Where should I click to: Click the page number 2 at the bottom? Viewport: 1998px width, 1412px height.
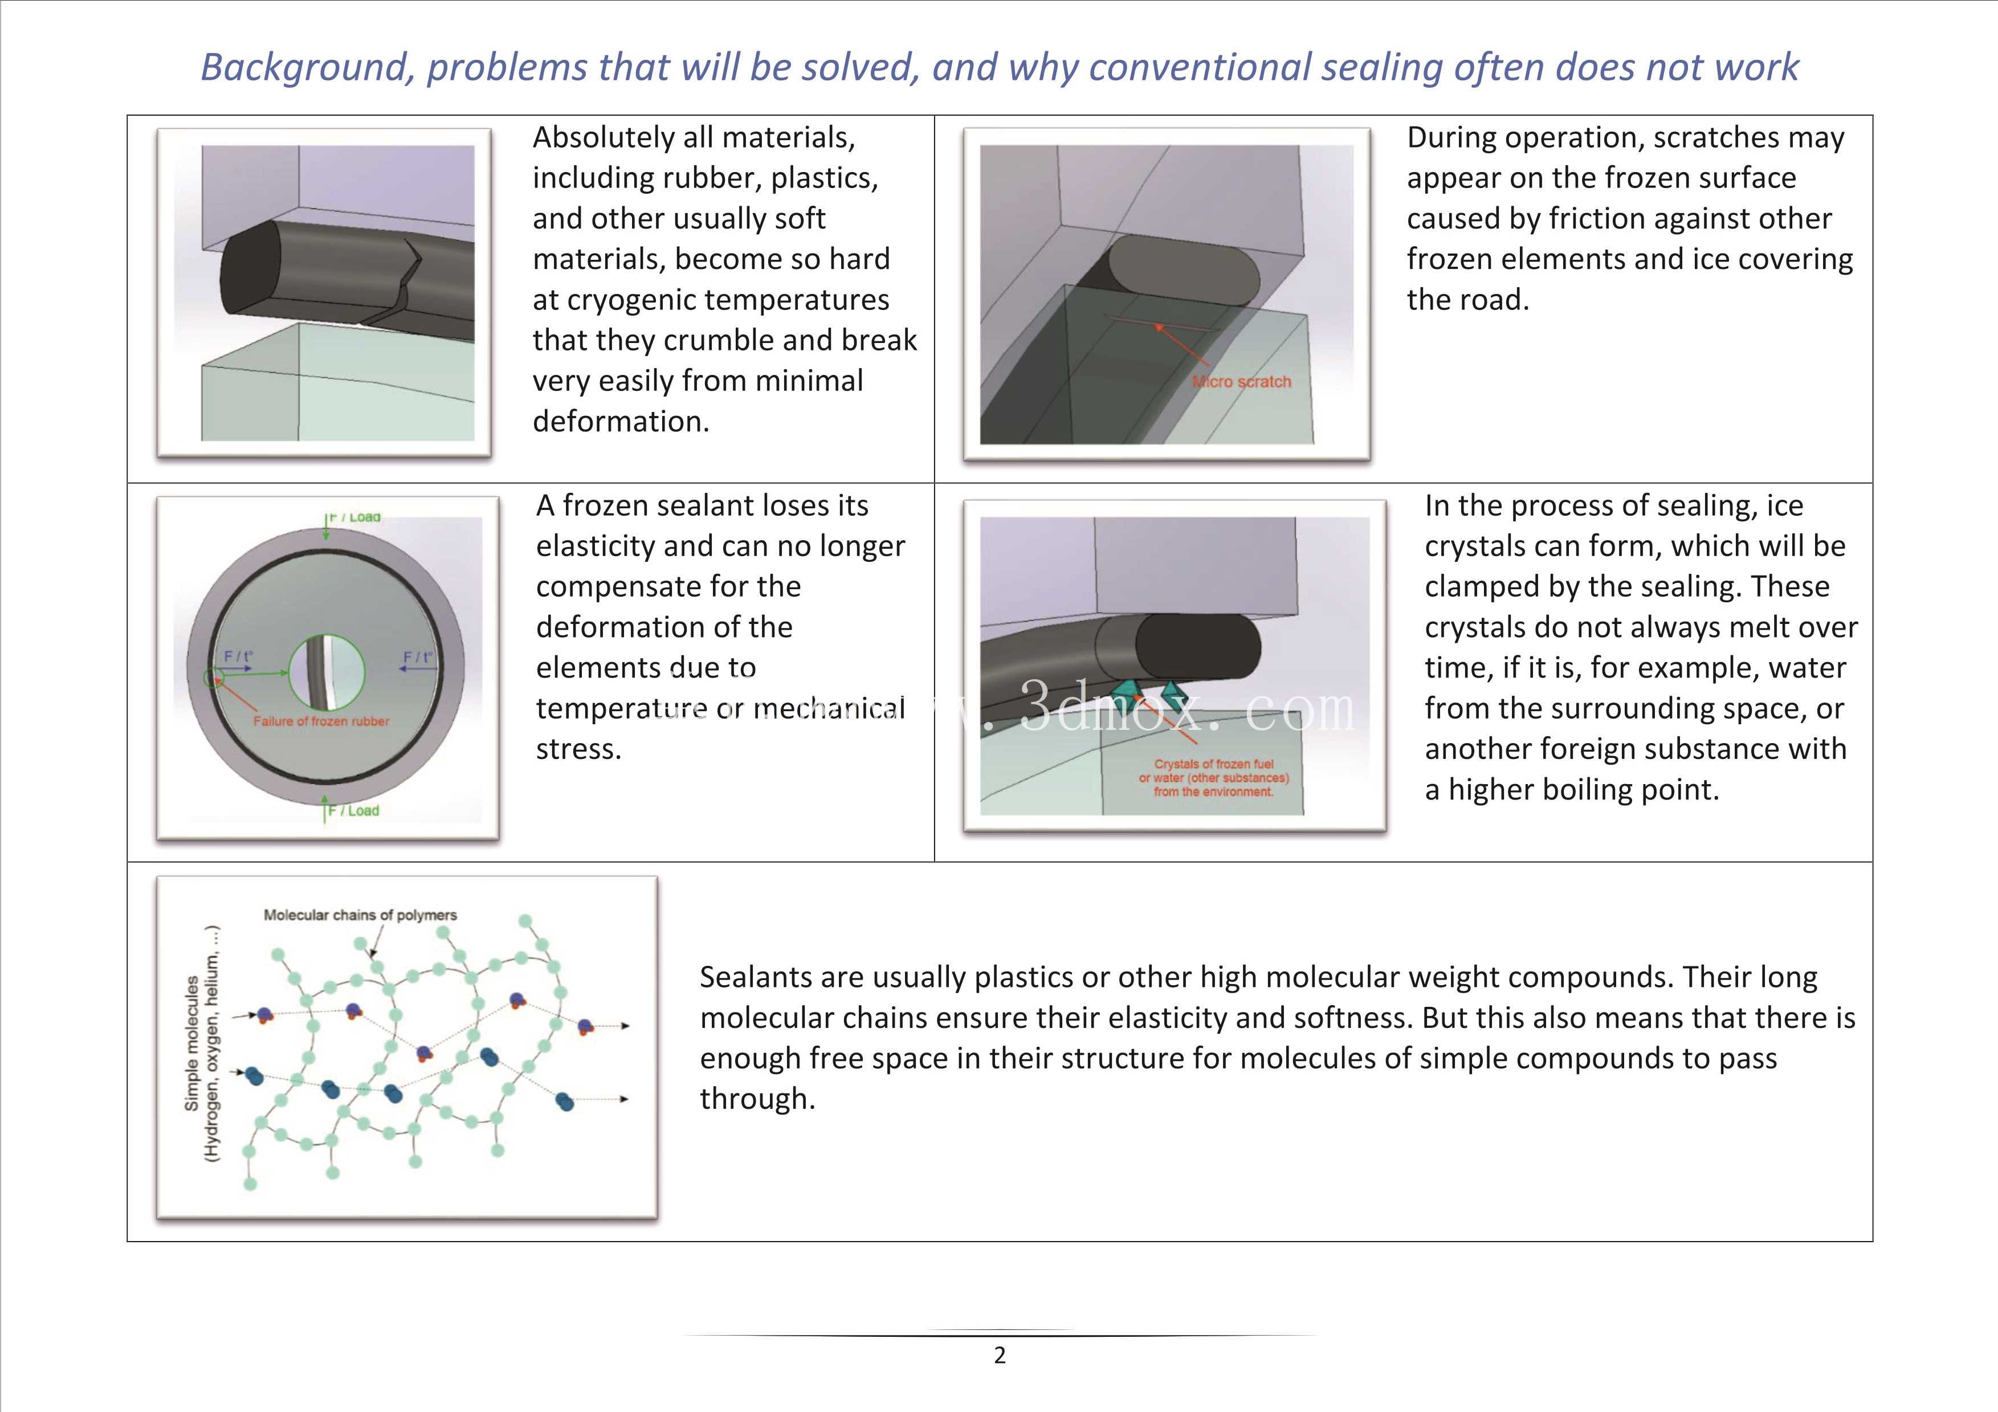1000,1354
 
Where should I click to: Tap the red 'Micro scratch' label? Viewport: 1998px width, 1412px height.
1242,381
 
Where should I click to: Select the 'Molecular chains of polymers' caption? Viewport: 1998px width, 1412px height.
360,915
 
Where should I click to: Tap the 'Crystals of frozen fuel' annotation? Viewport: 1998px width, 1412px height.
1214,764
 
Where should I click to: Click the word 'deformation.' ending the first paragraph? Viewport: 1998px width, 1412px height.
621,422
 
